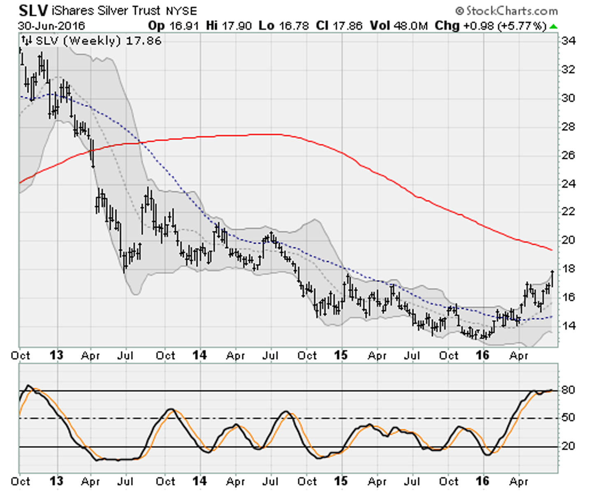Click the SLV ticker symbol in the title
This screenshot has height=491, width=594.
click(x=33, y=10)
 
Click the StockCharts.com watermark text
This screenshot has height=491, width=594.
click(x=507, y=11)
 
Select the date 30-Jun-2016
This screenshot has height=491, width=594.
click(x=51, y=26)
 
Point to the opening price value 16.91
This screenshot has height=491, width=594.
click(x=184, y=26)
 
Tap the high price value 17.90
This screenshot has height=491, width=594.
click(x=237, y=26)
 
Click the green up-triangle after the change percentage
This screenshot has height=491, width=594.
click(x=554, y=27)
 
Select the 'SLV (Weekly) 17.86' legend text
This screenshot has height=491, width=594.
click(x=98, y=41)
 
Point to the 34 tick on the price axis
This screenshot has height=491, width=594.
click(x=568, y=41)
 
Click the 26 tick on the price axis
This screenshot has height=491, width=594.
click(x=568, y=155)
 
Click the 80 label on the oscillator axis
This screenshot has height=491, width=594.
click(x=568, y=390)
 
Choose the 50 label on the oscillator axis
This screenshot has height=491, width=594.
click(x=568, y=418)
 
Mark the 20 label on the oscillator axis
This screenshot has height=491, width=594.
click(x=568, y=446)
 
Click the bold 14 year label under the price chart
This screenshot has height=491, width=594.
click(x=200, y=355)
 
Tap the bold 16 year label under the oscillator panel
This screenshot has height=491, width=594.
click(x=483, y=481)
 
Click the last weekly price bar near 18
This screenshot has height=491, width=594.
click(x=552, y=278)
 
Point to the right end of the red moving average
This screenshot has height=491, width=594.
click(x=552, y=250)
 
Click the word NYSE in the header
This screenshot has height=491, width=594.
click(x=181, y=11)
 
